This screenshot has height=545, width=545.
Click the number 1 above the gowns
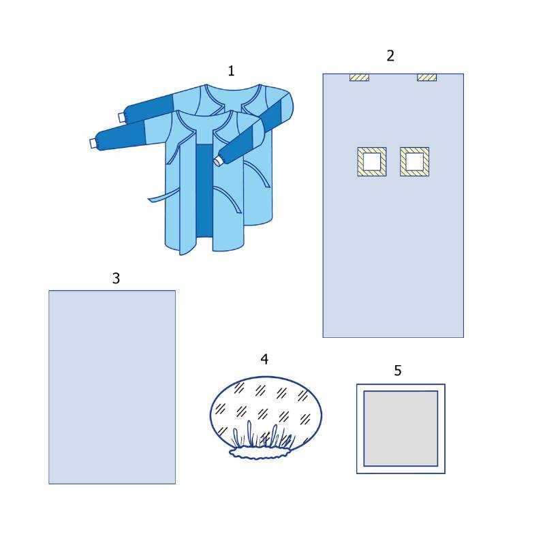click(x=231, y=71)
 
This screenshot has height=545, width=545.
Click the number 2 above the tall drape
click(x=390, y=56)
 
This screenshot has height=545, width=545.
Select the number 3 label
click(x=116, y=278)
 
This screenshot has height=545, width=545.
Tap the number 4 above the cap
click(x=264, y=360)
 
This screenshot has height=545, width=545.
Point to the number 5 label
click(x=398, y=371)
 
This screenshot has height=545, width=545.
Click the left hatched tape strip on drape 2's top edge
click(x=359, y=77)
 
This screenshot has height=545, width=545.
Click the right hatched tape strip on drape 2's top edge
click(x=427, y=77)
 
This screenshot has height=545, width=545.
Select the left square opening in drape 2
click(x=372, y=161)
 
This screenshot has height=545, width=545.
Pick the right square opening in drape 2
click(x=415, y=161)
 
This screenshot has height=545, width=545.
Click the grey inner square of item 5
click(x=401, y=429)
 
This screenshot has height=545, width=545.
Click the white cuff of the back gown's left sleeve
click(x=122, y=117)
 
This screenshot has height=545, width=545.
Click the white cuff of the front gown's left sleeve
click(x=93, y=143)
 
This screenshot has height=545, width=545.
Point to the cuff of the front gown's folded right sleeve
click(x=218, y=161)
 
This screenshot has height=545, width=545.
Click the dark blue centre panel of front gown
click(x=204, y=191)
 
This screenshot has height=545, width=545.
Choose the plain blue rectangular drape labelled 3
click(x=112, y=387)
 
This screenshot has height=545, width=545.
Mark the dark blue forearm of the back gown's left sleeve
click(x=149, y=107)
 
